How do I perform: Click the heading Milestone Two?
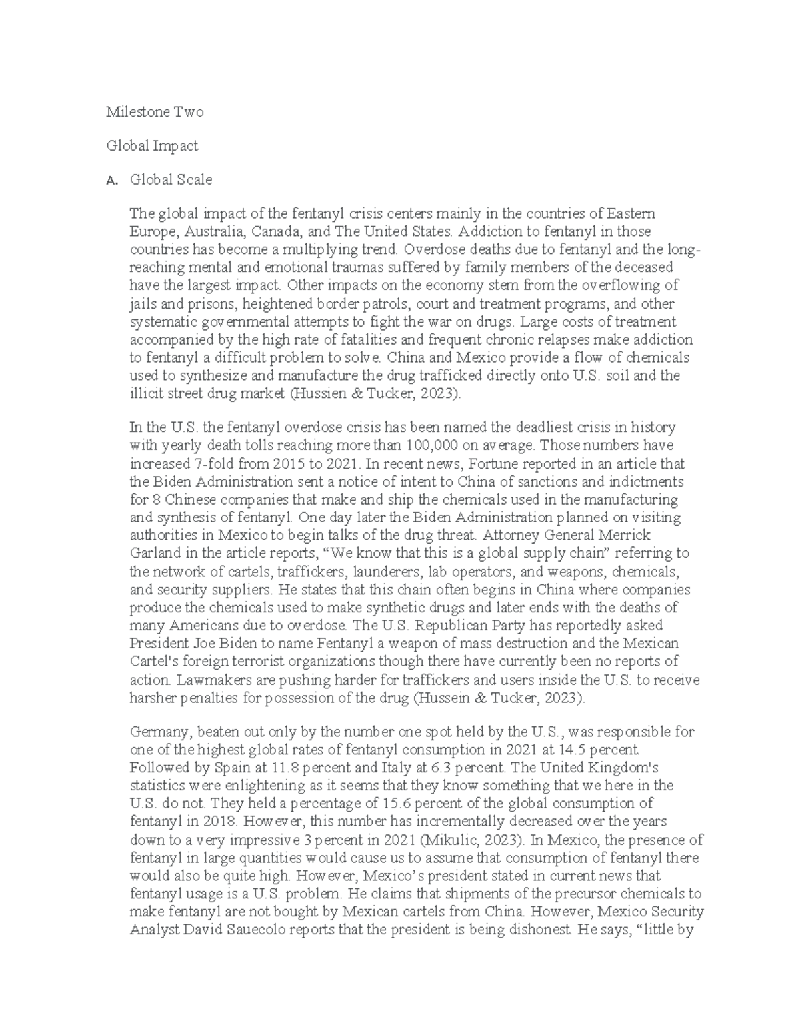[155, 112]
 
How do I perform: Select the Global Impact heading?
[152, 145]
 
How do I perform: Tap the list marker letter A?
[111, 180]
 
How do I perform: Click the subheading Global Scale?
[171, 179]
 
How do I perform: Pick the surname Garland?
[153, 553]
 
